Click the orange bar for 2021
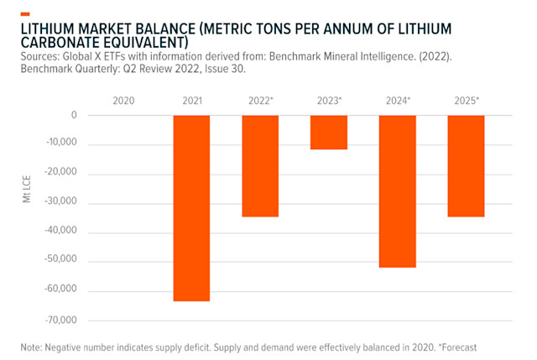click(x=191, y=208)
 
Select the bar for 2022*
click(x=260, y=166)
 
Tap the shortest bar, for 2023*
click(x=329, y=133)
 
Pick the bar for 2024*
click(x=397, y=191)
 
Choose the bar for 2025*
click(x=466, y=166)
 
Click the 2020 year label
click(x=123, y=101)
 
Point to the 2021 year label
click(x=191, y=101)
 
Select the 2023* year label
click(x=329, y=101)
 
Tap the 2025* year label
click(x=466, y=101)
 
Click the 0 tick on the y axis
click(x=74, y=115)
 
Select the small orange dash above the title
click(x=25, y=13)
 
